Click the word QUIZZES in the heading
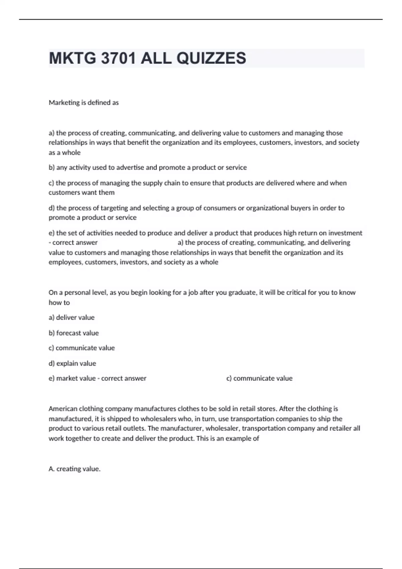(211, 58)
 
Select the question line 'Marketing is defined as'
(84, 103)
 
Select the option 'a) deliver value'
(72, 317)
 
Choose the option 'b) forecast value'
(74, 333)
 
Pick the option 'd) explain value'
(72, 363)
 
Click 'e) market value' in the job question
(72, 378)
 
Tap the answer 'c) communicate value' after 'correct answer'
(259, 378)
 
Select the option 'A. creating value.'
(74, 469)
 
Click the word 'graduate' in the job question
(243, 293)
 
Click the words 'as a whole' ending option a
(65, 153)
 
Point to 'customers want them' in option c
(81, 192)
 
